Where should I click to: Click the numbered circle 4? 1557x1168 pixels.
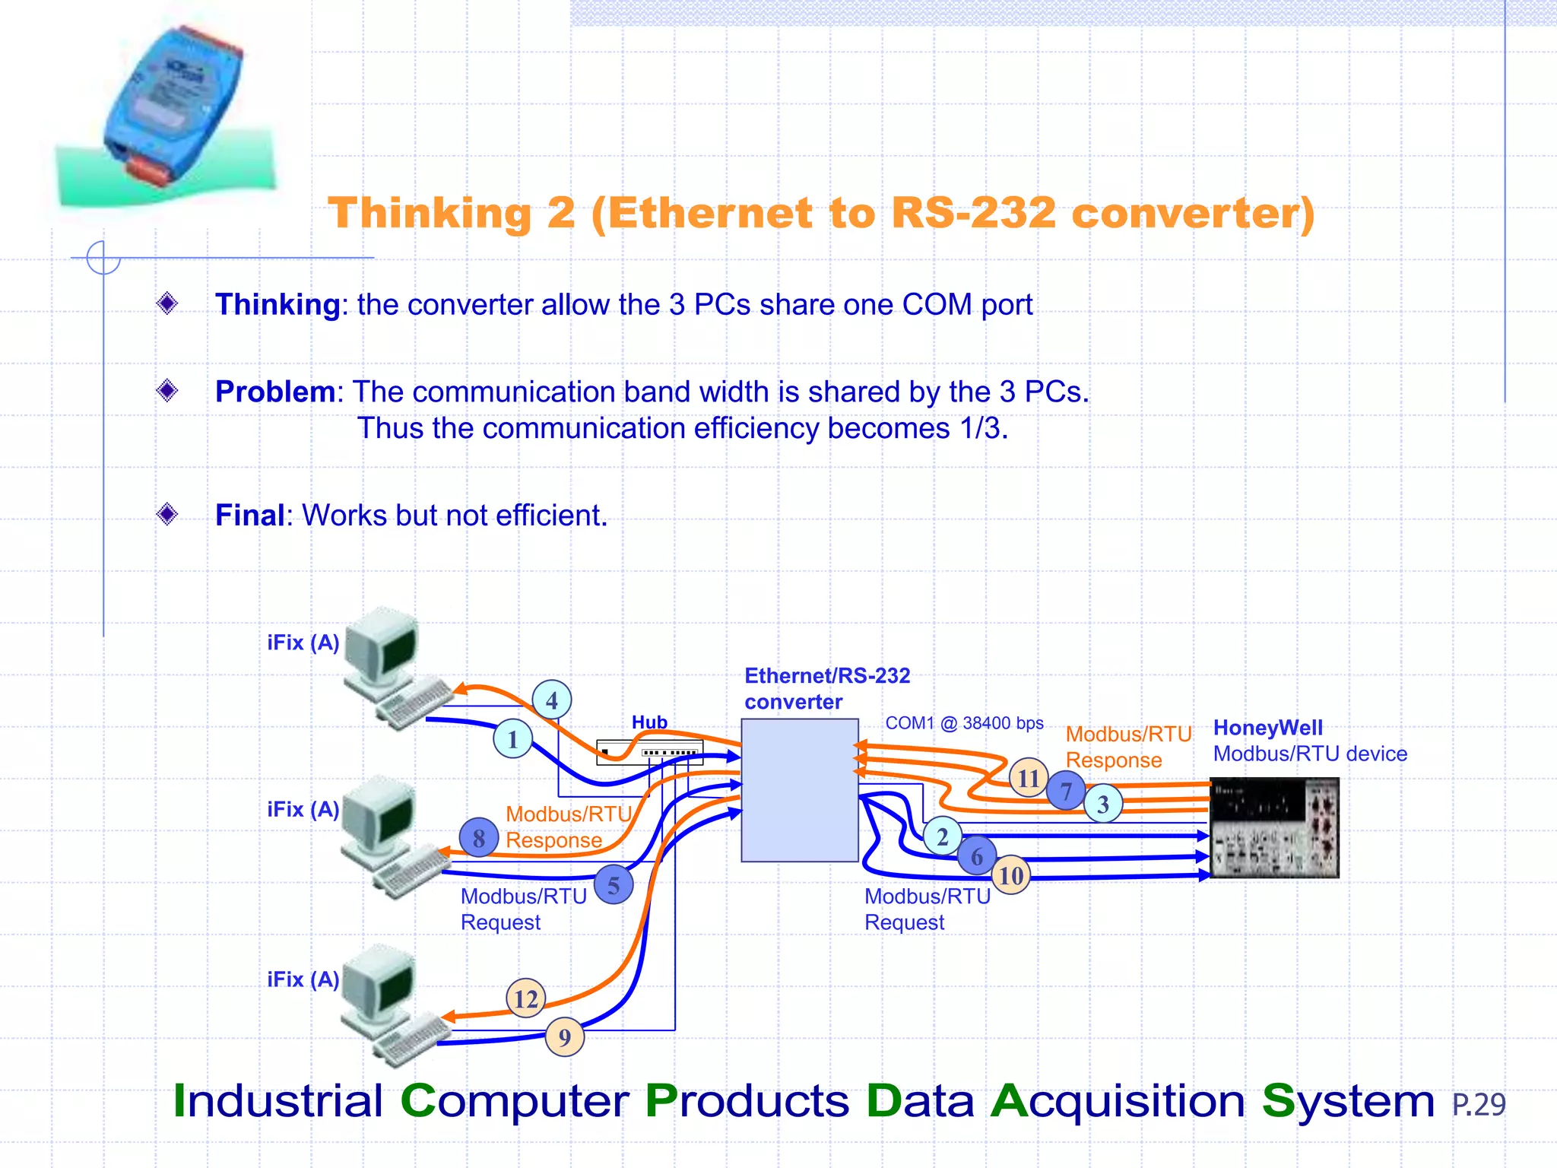pos(552,700)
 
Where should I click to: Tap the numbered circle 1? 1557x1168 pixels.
pos(513,739)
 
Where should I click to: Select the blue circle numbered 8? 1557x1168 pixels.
pos(479,838)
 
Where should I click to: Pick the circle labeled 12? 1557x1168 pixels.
pos(526,998)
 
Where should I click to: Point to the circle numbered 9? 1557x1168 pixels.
pos(565,1037)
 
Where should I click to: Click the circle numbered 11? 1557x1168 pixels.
pos(1029,778)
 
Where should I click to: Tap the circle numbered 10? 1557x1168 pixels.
pos(1011,875)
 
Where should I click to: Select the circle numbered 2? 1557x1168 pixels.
pos(943,836)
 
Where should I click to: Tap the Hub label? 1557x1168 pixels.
pos(649,722)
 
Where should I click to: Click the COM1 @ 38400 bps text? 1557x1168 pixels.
pos(964,723)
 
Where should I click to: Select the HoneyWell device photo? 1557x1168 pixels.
pos(1274,827)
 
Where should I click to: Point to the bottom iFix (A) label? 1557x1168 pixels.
pos(303,979)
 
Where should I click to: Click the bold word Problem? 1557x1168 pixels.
pos(274,392)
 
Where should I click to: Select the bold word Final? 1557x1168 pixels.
pos(249,516)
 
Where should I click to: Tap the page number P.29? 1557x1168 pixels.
pos(1478,1104)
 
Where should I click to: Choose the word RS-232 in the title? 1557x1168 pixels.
pos(973,213)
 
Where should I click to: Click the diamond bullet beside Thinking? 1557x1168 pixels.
pos(167,303)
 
